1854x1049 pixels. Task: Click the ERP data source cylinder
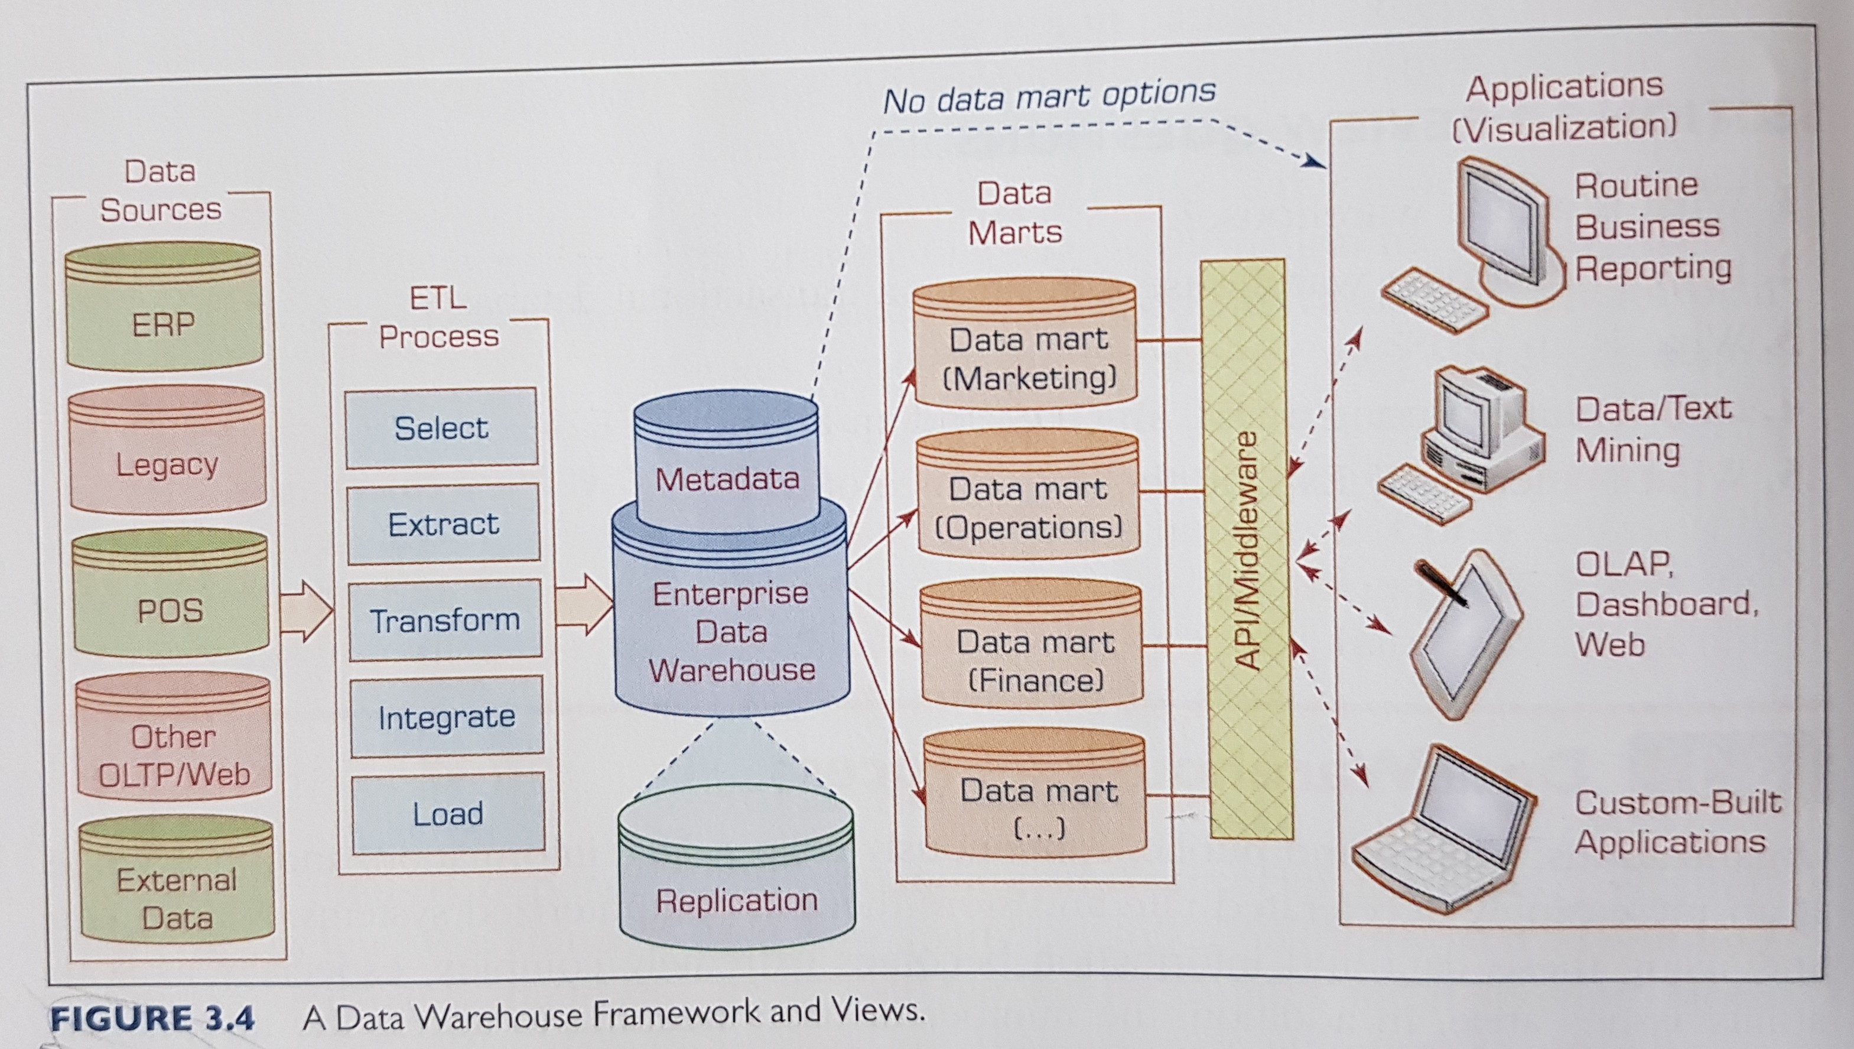pyautogui.click(x=164, y=310)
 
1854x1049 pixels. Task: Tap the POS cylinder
pyautogui.click(x=171, y=595)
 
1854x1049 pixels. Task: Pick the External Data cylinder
pyautogui.click(x=177, y=882)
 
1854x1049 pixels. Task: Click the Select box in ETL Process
pyautogui.click(x=441, y=428)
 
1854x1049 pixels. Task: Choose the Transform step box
pyautogui.click(x=445, y=619)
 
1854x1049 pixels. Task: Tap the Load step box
pyautogui.click(x=448, y=813)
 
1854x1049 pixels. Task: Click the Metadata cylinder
pyautogui.click(x=727, y=461)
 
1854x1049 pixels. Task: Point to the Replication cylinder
pyautogui.click(x=737, y=875)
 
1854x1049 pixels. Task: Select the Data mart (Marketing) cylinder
pyautogui.click(x=1026, y=346)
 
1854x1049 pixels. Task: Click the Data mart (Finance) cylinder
pyautogui.click(x=1032, y=648)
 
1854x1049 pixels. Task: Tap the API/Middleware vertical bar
pyautogui.click(x=1247, y=551)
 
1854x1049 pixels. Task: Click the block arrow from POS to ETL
pyautogui.click(x=305, y=611)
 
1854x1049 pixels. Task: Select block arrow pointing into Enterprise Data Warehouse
pyautogui.click(x=583, y=605)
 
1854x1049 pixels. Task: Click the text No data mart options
pyautogui.click(x=1049, y=96)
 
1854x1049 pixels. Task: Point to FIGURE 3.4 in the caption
pyautogui.click(x=152, y=1018)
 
